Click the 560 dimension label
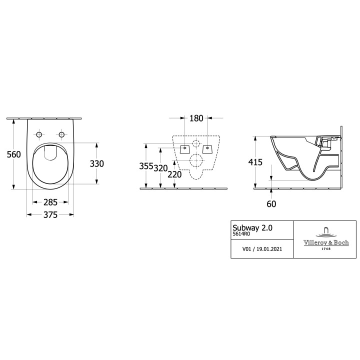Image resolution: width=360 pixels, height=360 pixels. (x=14, y=154)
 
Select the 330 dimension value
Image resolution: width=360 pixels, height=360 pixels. (x=96, y=163)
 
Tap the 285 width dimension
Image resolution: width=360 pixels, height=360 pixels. (x=50, y=202)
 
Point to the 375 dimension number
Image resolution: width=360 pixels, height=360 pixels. (x=50, y=215)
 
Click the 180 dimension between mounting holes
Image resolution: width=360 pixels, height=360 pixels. (x=196, y=118)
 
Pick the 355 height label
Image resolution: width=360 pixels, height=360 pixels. (x=146, y=166)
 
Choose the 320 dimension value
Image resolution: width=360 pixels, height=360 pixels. (x=160, y=168)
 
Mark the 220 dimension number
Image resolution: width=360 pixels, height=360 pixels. (x=174, y=174)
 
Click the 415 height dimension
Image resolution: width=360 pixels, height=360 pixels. (x=255, y=162)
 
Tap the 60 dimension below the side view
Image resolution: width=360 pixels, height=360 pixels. (x=271, y=204)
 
